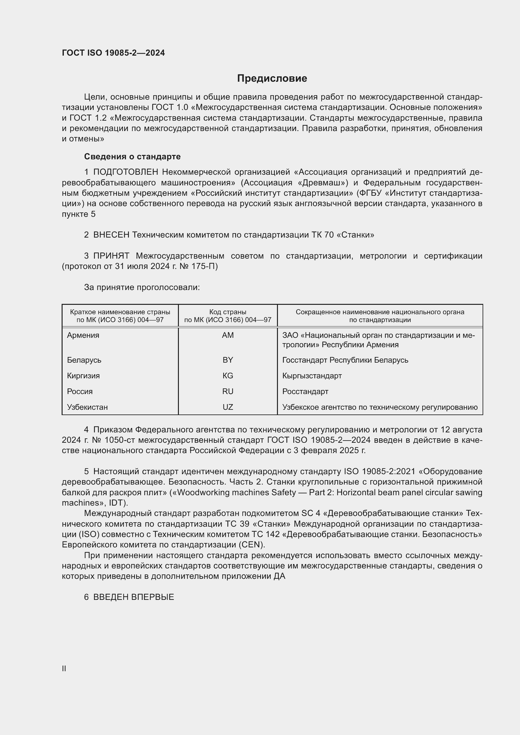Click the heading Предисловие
[x=272, y=79]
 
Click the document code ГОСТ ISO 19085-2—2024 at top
[x=113, y=53]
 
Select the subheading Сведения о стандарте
[x=132, y=156]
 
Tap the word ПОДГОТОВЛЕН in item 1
[x=125, y=172]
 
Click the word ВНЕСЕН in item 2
[x=111, y=235]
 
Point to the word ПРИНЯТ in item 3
[x=111, y=256]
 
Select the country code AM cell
[x=228, y=335]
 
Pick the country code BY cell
[x=228, y=360]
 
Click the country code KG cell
[x=228, y=376]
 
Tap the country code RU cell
[x=228, y=392]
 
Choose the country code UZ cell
[x=228, y=407]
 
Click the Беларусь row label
[x=84, y=360]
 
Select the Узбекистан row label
[x=87, y=407]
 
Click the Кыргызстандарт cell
[x=312, y=376]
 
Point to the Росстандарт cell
[x=305, y=392]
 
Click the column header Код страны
[x=228, y=312]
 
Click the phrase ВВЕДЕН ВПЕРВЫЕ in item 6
[x=134, y=597]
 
